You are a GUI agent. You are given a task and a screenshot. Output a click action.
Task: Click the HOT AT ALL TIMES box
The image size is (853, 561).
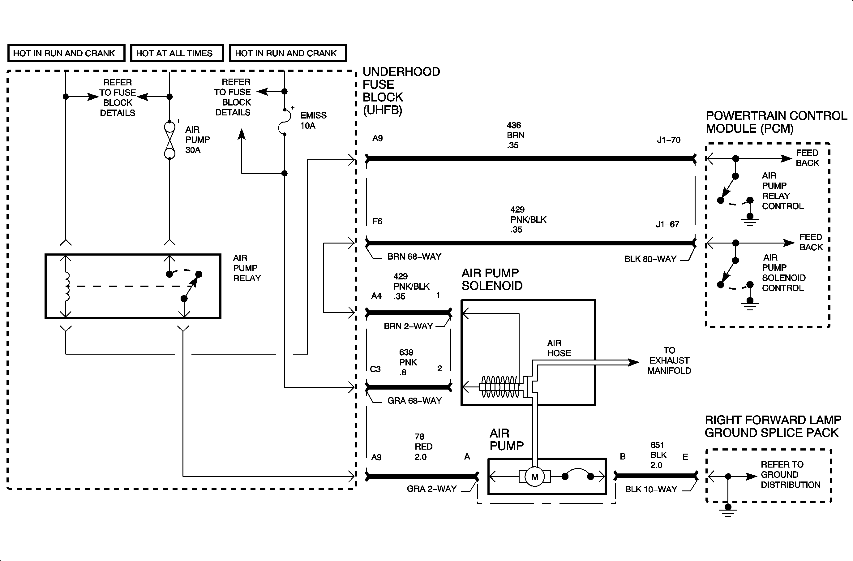177,53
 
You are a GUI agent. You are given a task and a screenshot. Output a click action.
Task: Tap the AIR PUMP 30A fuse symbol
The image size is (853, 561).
169,140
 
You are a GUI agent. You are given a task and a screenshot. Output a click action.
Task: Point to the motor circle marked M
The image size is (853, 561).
534,477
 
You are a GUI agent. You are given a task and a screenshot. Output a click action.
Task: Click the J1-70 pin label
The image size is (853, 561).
668,140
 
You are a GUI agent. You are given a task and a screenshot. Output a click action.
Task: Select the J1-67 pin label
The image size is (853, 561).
667,224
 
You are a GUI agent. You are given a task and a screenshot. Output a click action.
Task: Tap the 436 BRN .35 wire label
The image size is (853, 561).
515,135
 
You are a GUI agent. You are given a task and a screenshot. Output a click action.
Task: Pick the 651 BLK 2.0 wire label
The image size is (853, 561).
658,455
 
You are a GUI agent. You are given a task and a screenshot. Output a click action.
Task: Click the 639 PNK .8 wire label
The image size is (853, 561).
408,362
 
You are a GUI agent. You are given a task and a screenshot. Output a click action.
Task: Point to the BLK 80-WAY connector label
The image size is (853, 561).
650,259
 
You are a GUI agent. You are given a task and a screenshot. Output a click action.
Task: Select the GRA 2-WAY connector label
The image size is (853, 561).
431,489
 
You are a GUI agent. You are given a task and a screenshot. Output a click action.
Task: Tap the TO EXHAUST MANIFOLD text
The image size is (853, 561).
669,360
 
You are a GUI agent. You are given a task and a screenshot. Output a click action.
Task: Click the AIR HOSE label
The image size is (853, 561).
558,348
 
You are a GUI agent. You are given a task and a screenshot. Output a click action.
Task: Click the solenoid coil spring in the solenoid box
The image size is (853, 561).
499,387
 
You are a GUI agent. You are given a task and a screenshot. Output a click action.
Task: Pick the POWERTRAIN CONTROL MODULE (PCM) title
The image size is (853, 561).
776,122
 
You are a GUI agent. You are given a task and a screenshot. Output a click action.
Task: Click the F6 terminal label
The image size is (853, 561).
377,221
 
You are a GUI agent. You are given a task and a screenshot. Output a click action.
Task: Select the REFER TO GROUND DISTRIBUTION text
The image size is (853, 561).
790,474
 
